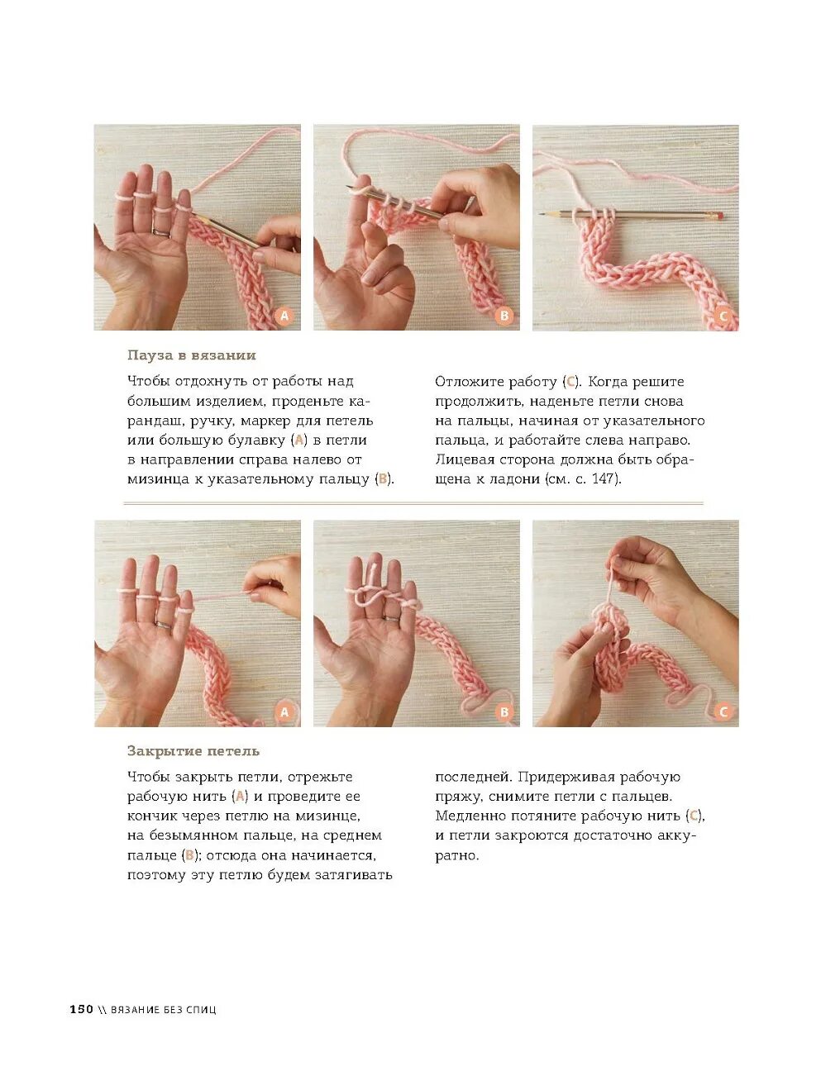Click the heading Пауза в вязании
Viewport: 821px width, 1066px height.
(x=191, y=355)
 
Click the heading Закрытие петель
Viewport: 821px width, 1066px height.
(x=193, y=750)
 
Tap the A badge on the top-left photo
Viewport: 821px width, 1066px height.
(x=284, y=316)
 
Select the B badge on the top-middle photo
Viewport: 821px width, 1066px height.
(x=504, y=316)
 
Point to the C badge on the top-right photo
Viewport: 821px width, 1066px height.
(x=723, y=316)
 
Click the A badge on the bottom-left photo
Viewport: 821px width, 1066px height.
(x=284, y=711)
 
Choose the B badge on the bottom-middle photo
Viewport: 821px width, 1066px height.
(x=504, y=711)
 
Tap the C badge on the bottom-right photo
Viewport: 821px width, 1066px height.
(x=723, y=711)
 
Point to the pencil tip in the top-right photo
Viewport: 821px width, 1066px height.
(x=540, y=214)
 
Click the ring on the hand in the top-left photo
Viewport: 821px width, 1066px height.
(x=161, y=231)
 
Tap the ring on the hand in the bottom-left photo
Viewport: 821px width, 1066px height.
(x=164, y=625)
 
